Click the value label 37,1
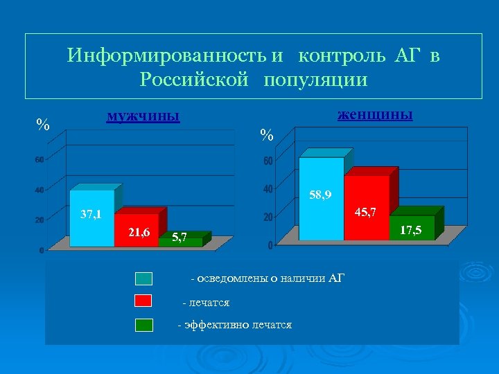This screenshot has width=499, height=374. pyautogui.click(x=91, y=214)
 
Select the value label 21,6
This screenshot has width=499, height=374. pyautogui.click(x=139, y=232)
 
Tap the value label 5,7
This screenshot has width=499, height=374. pyautogui.click(x=179, y=238)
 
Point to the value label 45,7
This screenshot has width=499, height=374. pyautogui.click(x=365, y=212)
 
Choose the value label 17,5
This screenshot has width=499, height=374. pyautogui.click(x=412, y=229)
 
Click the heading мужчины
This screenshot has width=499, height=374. pyautogui.click(x=143, y=116)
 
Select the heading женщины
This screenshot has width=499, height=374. pyautogui.click(x=375, y=114)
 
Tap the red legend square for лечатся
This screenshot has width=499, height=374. pyautogui.click(x=143, y=301)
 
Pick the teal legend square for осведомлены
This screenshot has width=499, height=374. pyautogui.click(x=143, y=278)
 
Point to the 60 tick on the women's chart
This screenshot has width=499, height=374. pyautogui.click(x=268, y=161)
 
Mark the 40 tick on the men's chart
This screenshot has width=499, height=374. pyautogui.click(x=40, y=190)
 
